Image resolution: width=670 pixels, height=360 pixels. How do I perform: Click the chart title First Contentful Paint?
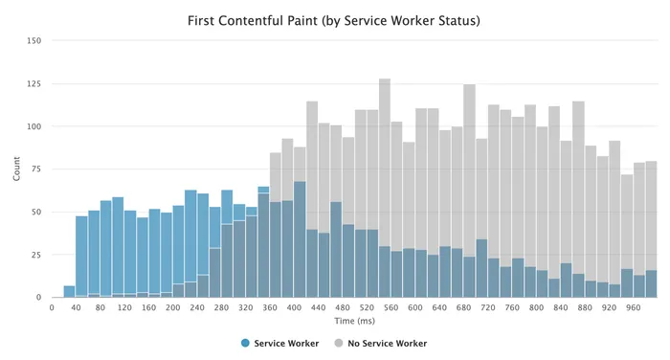coord(335,18)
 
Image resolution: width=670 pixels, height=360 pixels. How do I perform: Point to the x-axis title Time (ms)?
coord(355,322)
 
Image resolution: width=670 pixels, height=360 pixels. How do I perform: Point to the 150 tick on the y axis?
coord(34,41)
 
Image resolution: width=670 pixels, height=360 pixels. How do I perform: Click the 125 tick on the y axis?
coord(34,84)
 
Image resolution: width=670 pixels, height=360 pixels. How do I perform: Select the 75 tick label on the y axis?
coord(36,169)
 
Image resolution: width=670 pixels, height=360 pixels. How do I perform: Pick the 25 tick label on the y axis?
coord(36,256)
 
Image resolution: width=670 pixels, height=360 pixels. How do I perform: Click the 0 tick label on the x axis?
coord(52,308)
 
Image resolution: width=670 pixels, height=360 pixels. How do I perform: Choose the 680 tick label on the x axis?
coord(463,308)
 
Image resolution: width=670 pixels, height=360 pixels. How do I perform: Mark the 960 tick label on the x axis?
coord(633,308)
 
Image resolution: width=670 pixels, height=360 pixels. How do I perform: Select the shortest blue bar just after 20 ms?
coord(70,292)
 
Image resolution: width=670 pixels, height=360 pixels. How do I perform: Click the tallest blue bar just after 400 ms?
coord(300,239)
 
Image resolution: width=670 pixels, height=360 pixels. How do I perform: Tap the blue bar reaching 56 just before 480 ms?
coord(336,249)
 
